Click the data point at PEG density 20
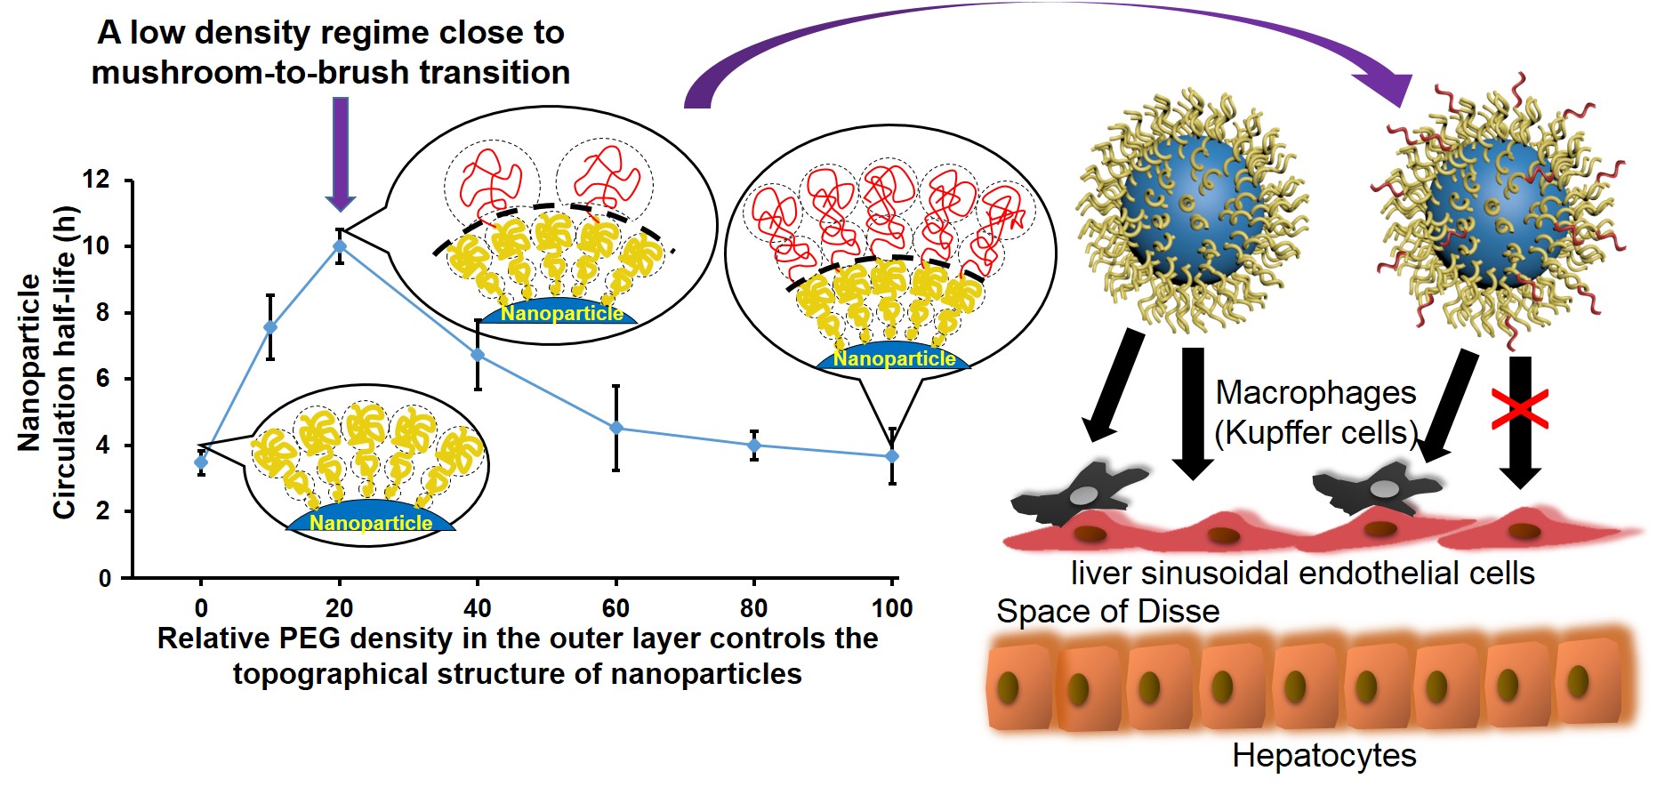[340, 246]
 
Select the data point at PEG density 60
[615, 428]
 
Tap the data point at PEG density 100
[892, 456]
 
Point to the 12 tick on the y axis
[96, 181]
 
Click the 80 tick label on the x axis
[753, 608]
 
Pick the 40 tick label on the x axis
[478, 608]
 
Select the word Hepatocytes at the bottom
[1323, 756]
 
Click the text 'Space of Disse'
[1107, 612]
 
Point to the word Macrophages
[1315, 393]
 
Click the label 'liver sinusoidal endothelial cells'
[1302, 574]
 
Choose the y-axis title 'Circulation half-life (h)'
[64, 363]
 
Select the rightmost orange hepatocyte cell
[1587, 680]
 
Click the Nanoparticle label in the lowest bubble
[371, 523]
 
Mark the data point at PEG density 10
[270, 327]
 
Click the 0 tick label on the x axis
[201, 608]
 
